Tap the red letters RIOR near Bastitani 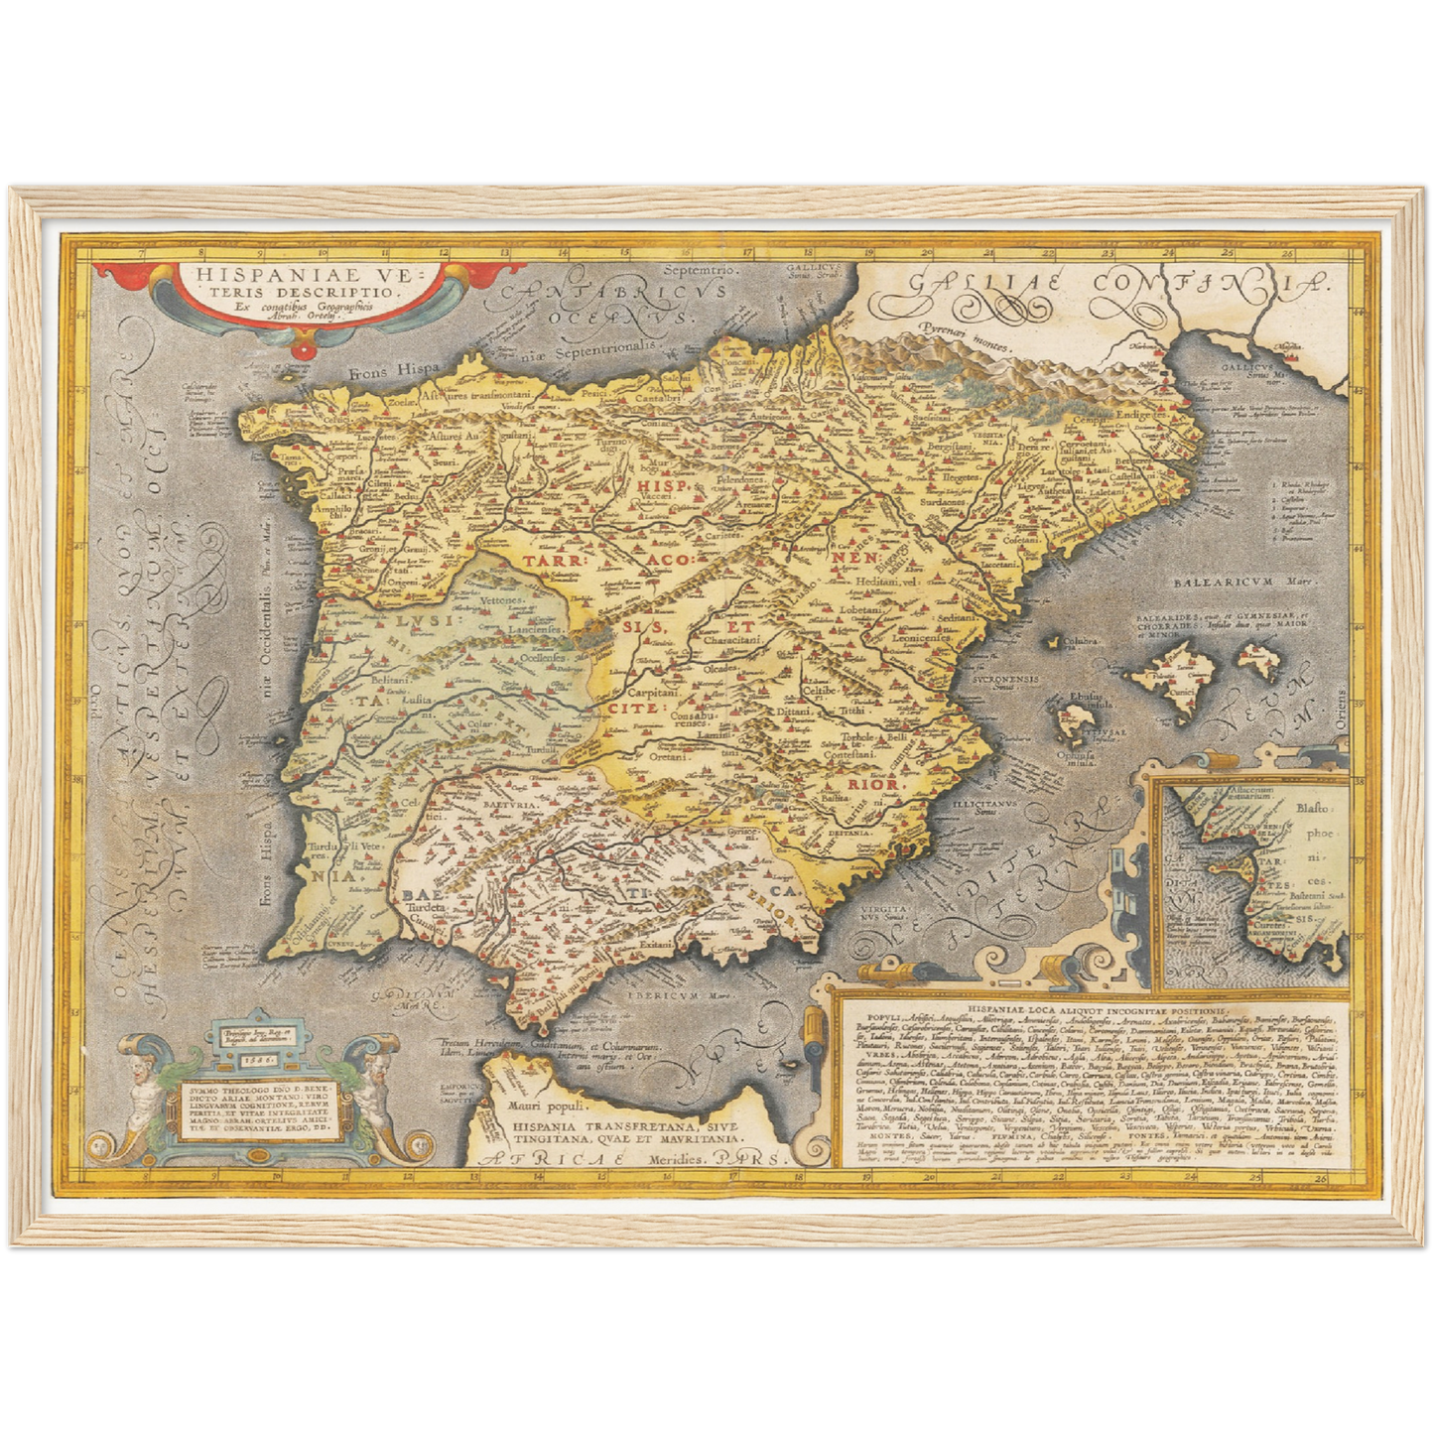point(871,784)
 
